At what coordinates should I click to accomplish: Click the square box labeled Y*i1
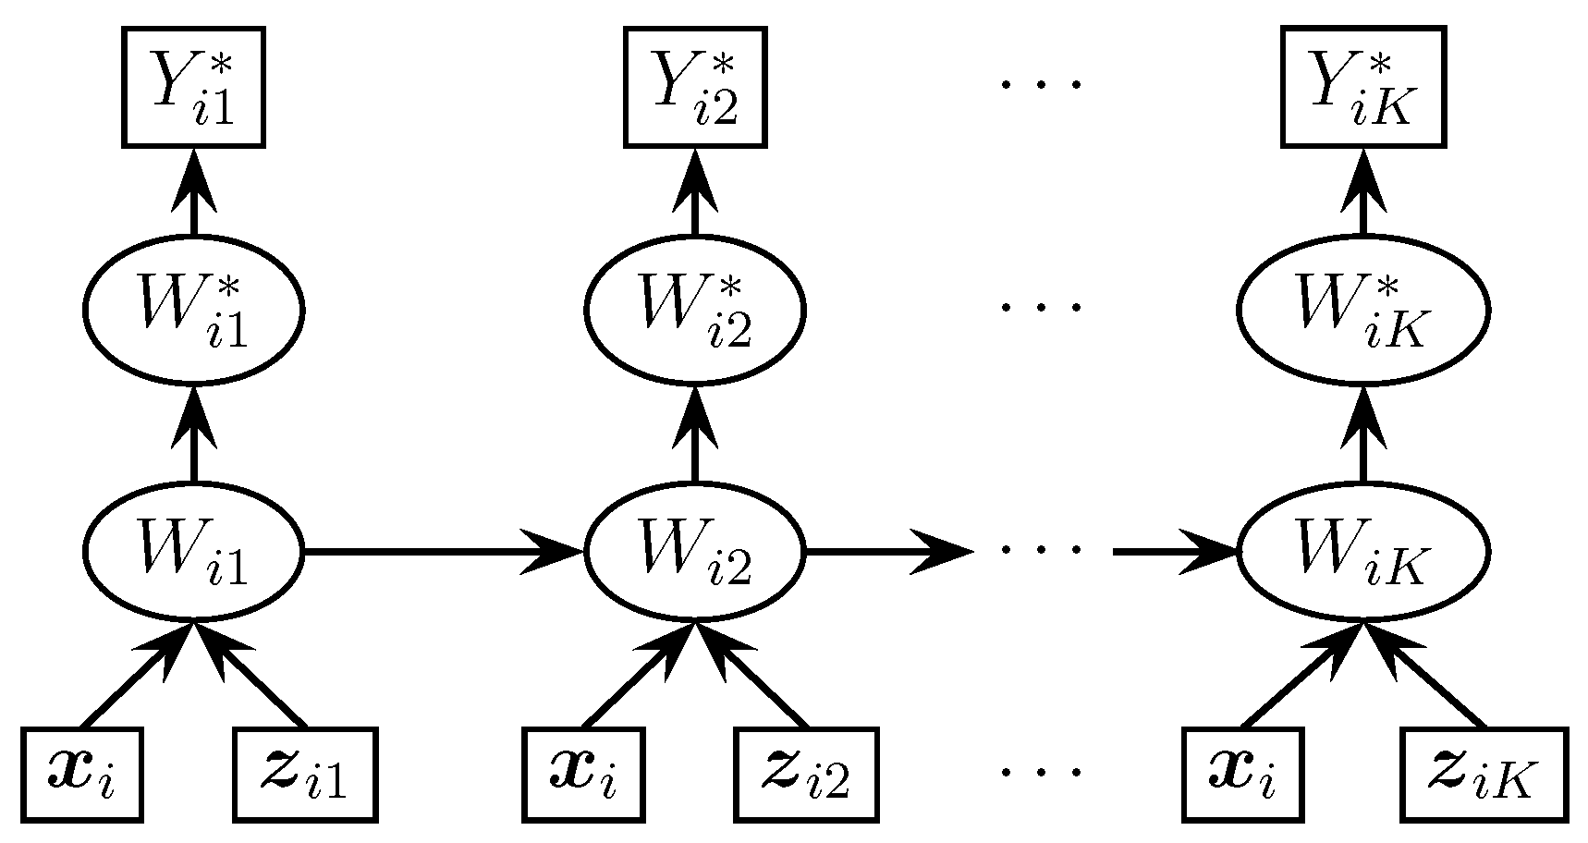point(194,87)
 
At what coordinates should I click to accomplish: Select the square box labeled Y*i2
point(695,87)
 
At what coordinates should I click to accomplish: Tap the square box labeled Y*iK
point(1362,87)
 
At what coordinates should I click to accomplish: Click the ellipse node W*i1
point(194,308)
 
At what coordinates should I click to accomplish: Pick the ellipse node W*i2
point(695,308)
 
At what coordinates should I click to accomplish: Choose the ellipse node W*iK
point(1362,308)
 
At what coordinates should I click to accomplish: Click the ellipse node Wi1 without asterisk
point(194,552)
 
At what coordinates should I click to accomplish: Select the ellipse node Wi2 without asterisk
point(695,552)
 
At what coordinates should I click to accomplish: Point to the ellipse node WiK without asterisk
point(1362,552)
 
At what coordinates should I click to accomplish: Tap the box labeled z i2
point(807,775)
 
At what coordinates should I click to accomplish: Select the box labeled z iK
point(1484,775)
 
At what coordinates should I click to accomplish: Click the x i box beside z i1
point(82,775)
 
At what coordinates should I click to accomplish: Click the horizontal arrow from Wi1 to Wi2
point(444,552)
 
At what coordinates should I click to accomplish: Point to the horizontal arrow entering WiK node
point(1174,552)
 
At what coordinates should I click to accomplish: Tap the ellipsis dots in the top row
point(1040,85)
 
